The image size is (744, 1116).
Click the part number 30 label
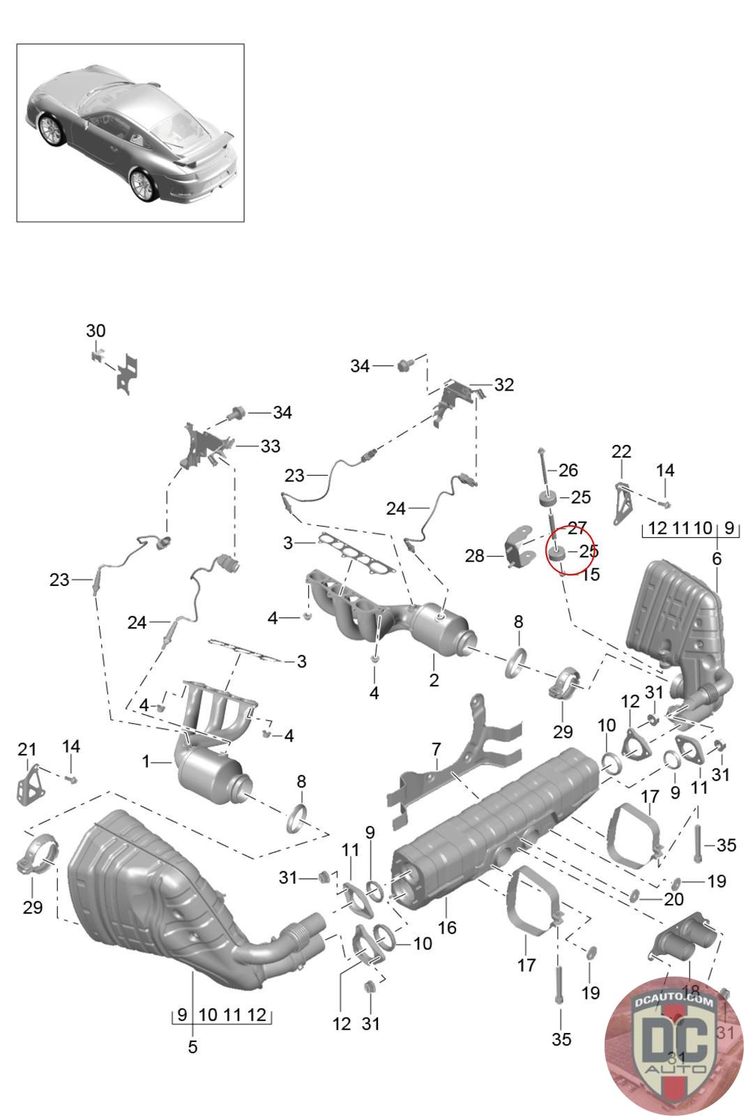(96, 331)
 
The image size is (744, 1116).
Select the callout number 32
(503, 384)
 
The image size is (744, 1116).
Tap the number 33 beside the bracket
(270, 446)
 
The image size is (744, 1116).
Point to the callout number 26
(568, 470)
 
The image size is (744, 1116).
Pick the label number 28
(474, 556)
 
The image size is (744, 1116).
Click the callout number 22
(621, 451)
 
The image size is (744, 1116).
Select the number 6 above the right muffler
(716, 558)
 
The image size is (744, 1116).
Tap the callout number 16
(447, 927)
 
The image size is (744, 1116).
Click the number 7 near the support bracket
(436, 750)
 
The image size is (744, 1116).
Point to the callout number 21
(26, 749)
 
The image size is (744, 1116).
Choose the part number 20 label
(674, 900)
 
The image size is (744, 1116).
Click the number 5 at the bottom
(192, 1046)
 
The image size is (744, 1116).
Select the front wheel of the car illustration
(51, 130)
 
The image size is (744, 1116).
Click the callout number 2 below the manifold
(434, 679)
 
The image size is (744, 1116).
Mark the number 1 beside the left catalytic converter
(146, 762)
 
